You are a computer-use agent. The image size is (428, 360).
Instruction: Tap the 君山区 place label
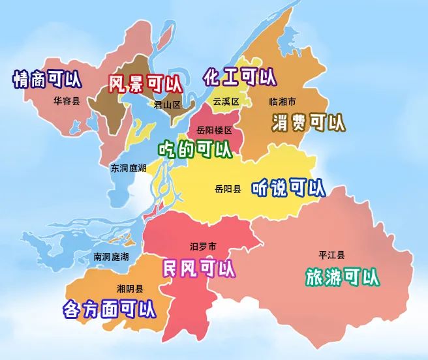[x=166, y=104]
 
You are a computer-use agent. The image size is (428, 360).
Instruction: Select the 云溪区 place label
[x=226, y=102]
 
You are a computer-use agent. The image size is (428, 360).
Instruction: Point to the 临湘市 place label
[x=283, y=102]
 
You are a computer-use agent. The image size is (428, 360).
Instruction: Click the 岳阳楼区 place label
[x=214, y=130]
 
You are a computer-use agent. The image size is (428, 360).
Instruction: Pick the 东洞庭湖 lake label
[x=128, y=168]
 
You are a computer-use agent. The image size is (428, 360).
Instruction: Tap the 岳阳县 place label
[x=228, y=189]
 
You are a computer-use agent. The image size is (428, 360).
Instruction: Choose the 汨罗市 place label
[x=202, y=246]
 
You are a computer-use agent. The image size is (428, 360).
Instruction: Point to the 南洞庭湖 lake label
[x=111, y=256]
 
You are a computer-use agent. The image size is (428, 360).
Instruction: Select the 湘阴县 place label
[x=130, y=289]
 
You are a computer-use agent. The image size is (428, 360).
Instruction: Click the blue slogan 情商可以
[x=48, y=80]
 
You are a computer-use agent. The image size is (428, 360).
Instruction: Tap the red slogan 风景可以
[x=145, y=83]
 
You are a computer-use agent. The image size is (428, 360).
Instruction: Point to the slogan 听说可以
[x=288, y=188]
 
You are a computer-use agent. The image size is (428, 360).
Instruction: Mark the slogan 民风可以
[x=199, y=267]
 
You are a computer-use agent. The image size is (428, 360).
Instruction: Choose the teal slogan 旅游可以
[x=343, y=277]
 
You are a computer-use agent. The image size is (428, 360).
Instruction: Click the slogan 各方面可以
[x=110, y=308]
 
